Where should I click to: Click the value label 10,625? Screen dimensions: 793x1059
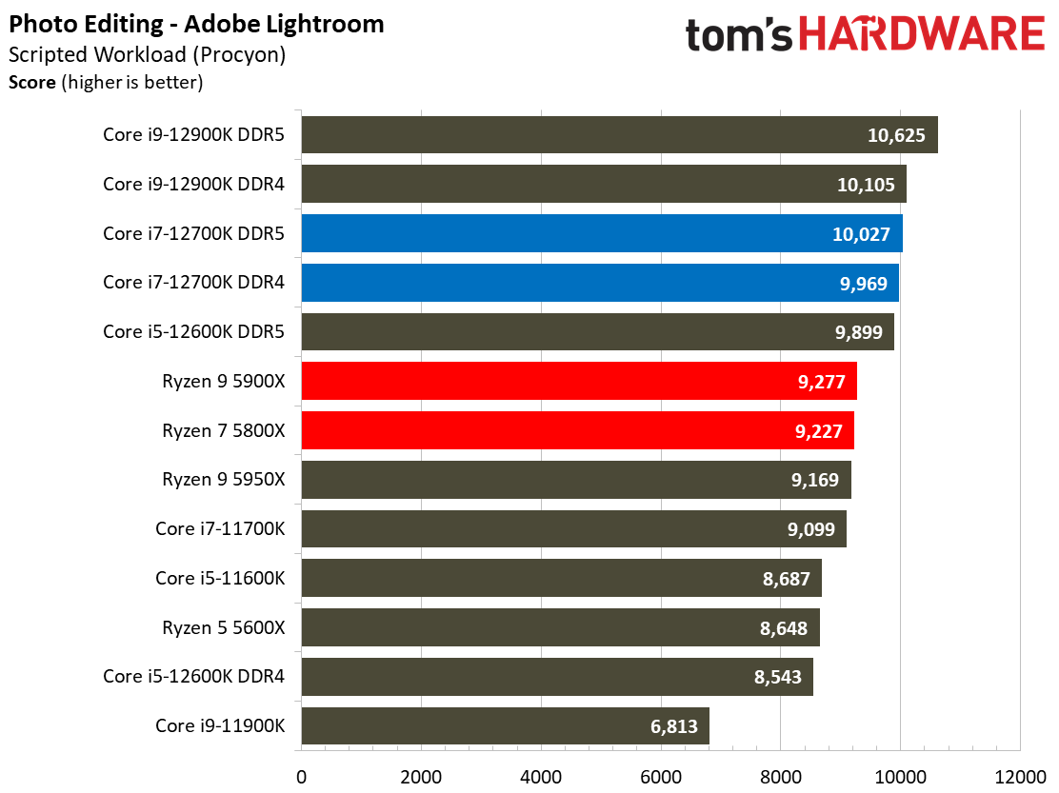pos(896,135)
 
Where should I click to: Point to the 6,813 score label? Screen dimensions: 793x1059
pos(673,727)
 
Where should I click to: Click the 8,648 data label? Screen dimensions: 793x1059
pos(783,628)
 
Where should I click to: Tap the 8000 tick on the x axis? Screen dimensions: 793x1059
pos(781,775)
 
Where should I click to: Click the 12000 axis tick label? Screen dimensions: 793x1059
pos(1020,775)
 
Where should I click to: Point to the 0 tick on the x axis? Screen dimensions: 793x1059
pos(302,775)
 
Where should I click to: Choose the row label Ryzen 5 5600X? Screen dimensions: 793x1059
pos(223,627)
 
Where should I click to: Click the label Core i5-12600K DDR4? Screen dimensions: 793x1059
pos(194,677)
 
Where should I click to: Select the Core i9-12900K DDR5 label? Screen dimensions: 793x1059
pos(194,134)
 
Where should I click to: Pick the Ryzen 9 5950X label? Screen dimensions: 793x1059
pos(223,480)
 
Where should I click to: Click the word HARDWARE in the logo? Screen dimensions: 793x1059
pos(922,35)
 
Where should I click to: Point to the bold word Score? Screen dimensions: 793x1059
pos(32,83)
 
